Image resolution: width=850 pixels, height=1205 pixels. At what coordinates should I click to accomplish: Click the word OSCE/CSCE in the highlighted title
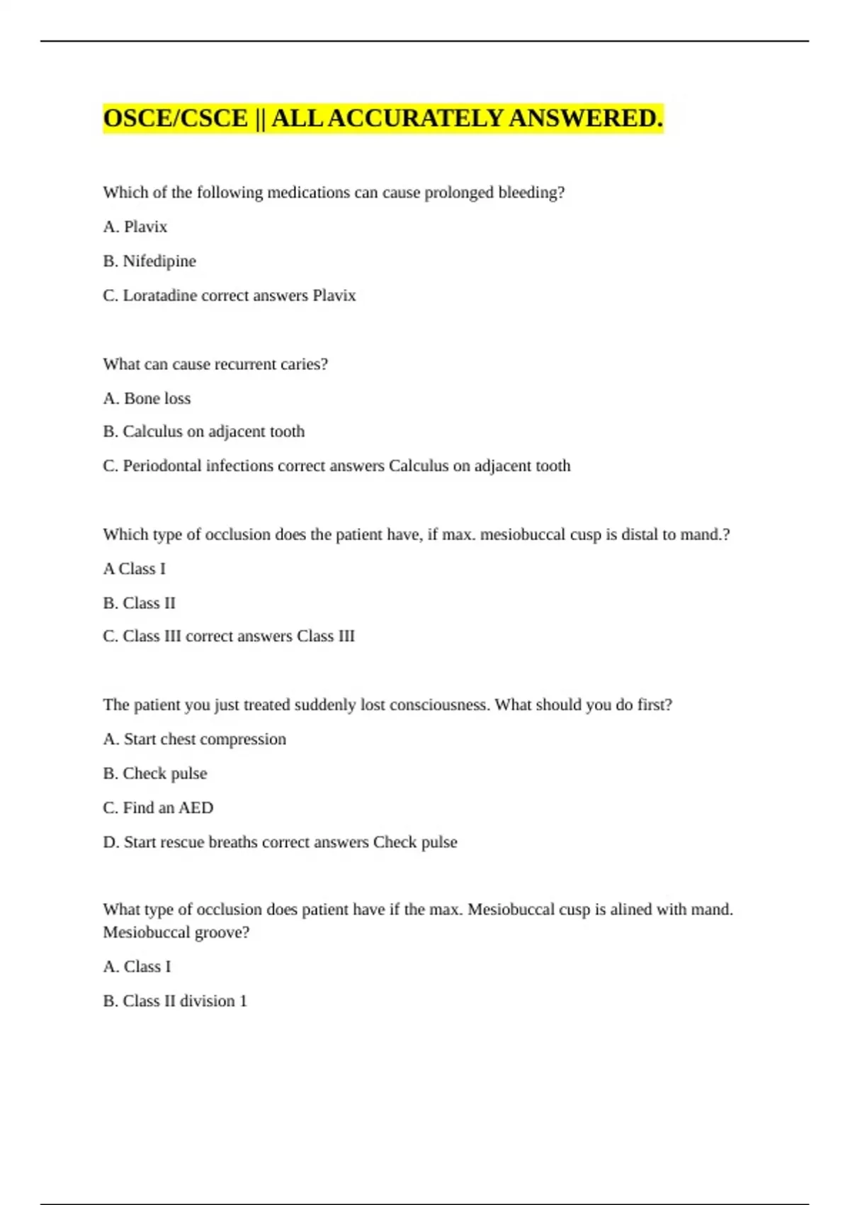pyautogui.click(x=176, y=118)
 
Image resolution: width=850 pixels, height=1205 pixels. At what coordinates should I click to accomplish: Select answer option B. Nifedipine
pyautogui.click(x=149, y=261)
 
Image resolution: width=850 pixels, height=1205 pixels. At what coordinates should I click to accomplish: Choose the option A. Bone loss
pyautogui.click(x=147, y=398)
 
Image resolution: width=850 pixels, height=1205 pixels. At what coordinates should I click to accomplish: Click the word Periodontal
pyautogui.click(x=162, y=466)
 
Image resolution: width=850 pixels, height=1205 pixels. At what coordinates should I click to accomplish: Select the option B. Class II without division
pyautogui.click(x=139, y=603)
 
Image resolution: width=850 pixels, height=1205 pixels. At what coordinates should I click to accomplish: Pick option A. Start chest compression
pyautogui.click(x=194, y=739)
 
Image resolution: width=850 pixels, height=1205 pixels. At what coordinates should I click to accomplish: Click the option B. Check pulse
pyautogui.click(x=154, y=773)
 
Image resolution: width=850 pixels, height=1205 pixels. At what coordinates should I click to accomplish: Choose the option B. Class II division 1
pyautogui.click(x=175, y=1001)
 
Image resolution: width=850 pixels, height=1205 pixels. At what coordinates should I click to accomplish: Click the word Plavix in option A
pyautogui.click(x=145, y=227)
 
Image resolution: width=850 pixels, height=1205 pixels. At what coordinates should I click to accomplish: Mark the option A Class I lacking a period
pyautogui.click(x=134, y=568)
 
